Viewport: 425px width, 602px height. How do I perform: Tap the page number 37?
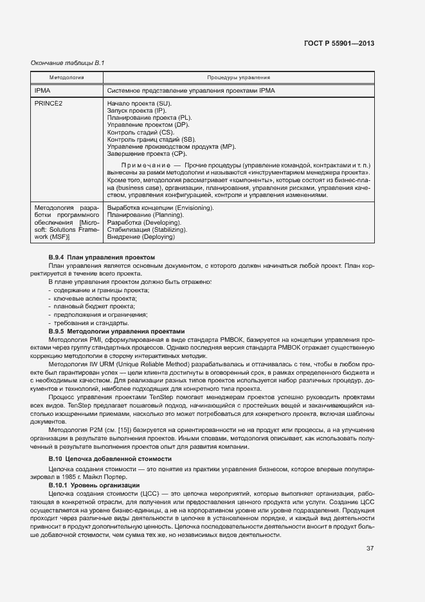pyautogui.click(x=370, y=549)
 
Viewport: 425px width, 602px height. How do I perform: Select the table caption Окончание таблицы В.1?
pyautogui.click(x=68, y=62)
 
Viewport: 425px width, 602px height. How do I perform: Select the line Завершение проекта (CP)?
pyautogui.click(x=147, y=154)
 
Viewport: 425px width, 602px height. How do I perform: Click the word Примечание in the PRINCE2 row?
pyautogui.click(x=149, y=165)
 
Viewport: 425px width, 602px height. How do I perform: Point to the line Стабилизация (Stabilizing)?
pyautogui.click(x=147, y=229)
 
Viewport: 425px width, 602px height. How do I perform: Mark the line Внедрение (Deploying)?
pyautogui.click(x=141, y=237)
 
